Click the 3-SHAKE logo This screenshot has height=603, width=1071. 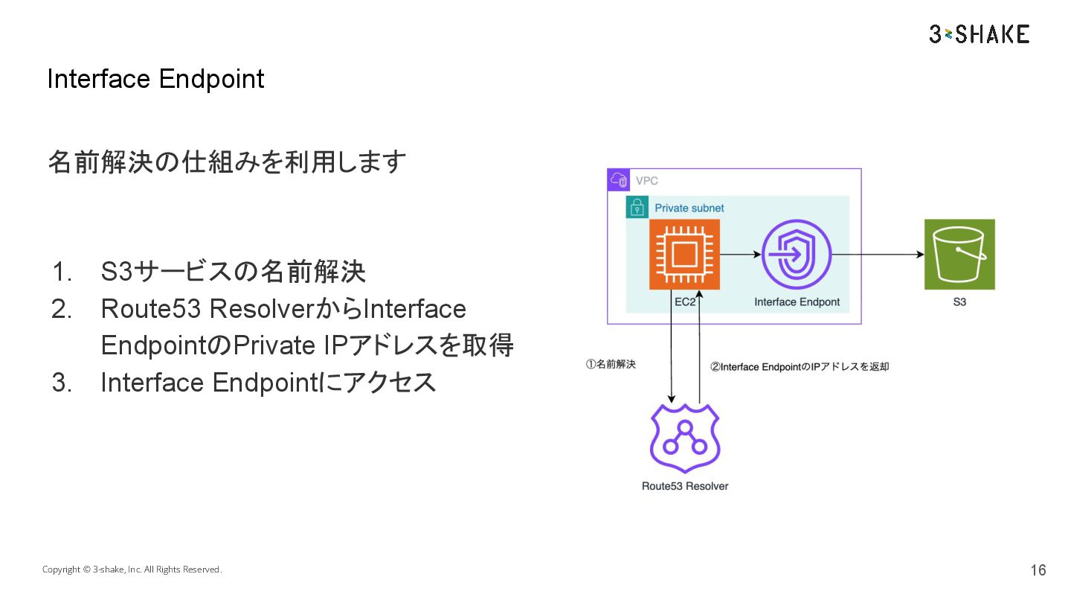tap(979, 33)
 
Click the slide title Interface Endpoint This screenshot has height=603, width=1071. tap(155, 79)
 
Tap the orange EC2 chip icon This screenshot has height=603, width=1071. tap(684, 254)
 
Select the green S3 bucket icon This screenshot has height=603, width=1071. tap(959, 254)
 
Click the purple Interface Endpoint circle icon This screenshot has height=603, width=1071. tap(796, 254)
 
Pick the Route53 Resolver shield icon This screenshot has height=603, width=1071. tap(685, 438)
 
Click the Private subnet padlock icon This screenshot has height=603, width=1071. tap(637, 208)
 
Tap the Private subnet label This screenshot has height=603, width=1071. tap(689, 208)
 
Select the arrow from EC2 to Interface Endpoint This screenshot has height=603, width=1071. tap(740, 255)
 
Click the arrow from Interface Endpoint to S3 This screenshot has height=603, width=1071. tap(878, 255)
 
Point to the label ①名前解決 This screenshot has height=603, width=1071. tap(611, 365)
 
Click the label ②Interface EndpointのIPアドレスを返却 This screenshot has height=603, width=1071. tap(800, 366)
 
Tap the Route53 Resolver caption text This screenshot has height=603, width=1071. tap(685, 486)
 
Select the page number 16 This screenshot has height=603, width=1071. tap(1038, 570)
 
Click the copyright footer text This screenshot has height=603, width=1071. tap(132, 569)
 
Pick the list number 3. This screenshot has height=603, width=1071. tap(62, 383)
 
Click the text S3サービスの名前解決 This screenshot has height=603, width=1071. tap(233, 272)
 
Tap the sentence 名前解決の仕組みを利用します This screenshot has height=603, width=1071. tap(227, 162)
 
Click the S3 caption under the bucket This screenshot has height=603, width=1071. tap(959, 302)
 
